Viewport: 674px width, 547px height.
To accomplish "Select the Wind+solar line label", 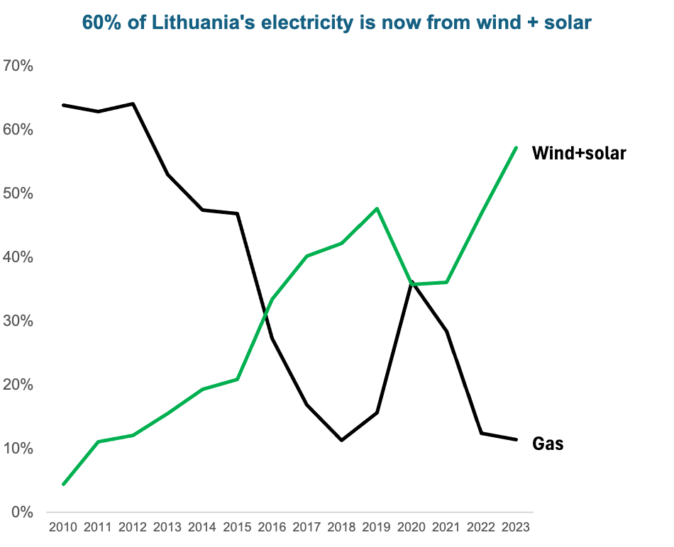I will (579, 152).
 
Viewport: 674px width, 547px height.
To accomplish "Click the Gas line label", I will (548, 444).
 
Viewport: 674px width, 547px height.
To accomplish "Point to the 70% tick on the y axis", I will (18, 66).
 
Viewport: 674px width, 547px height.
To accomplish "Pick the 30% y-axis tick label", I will (18, 321).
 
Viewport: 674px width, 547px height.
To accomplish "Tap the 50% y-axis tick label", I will (18, 193).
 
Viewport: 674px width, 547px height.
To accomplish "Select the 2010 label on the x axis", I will (63, 527).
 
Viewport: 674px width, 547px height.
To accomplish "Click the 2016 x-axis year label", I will (272, 527).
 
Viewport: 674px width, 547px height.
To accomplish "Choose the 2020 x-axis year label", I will (411, 527).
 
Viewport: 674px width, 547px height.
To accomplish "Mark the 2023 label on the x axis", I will (516, 527).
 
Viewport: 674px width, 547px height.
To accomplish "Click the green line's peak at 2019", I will (377, 208).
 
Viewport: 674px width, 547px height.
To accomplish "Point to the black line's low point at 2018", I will (342, 440).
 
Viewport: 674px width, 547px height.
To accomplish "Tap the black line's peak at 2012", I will (133, 104).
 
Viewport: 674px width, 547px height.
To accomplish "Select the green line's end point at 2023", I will (516, 147).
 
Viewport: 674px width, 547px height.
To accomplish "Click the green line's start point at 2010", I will (63, 485).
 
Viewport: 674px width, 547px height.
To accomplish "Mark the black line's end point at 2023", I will (516, 439).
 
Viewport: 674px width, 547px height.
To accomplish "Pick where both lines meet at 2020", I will (411, 283).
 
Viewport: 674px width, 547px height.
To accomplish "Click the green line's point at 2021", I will (446, 282).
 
